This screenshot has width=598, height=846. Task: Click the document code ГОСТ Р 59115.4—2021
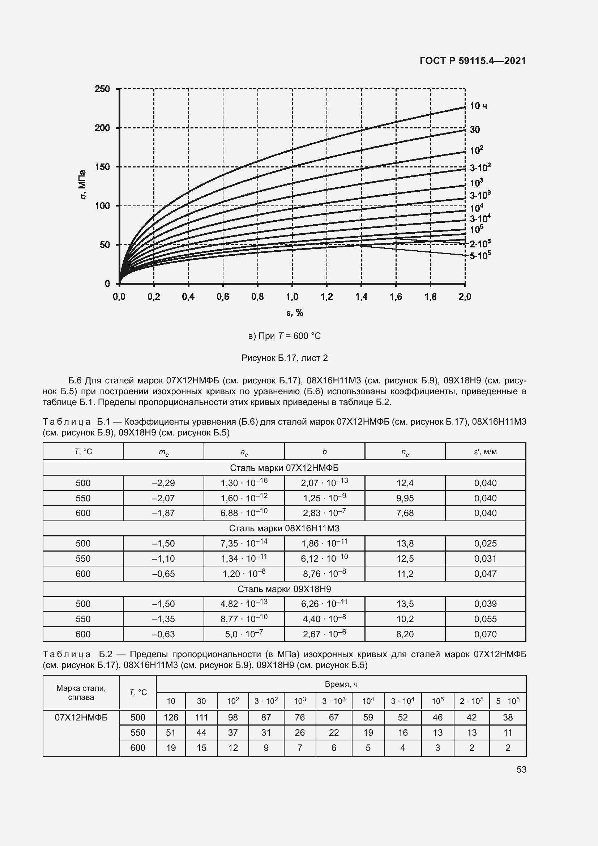click(x=473, y=61)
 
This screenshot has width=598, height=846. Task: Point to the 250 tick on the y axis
click(x=102, y=89)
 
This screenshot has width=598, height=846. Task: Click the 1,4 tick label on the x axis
click(x=361, y=297)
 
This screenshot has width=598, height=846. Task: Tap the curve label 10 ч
click(x=478, y=106)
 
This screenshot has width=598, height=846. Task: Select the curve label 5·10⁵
click(x=480, y=255)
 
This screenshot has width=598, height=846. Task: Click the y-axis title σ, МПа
click(x=83, y=184)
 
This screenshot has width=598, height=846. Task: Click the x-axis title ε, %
click(x=295, y=313)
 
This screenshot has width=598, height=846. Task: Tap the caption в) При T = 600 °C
click(x=284, y=336)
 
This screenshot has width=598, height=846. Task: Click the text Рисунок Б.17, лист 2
click(x=284, y=358)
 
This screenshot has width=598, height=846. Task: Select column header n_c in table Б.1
click(x=405, y=452)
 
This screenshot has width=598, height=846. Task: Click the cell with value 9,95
click(x=405, y=498)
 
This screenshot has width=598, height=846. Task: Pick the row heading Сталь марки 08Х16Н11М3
click(x=284, y=528)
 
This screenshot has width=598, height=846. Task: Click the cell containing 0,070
click(x=485, y=634)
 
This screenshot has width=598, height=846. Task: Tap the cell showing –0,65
click(x=163, y=574)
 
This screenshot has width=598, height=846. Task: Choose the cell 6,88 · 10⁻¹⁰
click(x=244, y=513)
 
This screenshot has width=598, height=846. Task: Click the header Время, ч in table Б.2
click(x=341, y=684)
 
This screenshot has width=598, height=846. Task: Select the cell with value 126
click(x=171, y=717)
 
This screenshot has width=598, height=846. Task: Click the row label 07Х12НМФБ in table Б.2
click(x=81, y=717)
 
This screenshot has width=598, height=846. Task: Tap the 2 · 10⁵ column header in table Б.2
click(x=471, y=701)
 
